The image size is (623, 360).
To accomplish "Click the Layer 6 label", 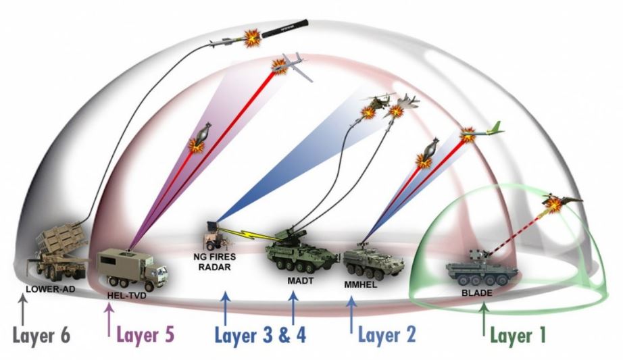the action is [x=41, y=336].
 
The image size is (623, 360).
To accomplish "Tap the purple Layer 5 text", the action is [x=145, y=335].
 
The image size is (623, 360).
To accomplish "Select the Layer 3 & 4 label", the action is [x=260, y=336].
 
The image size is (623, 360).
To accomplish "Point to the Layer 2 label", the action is [x=387, y=334].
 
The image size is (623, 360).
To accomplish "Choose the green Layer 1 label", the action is [x=518, y=336].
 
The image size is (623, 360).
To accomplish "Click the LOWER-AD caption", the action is [x=51, y=289].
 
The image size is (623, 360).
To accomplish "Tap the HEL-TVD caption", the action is [x=127, y=296].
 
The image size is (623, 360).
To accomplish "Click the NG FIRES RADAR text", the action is [x=215, y=262].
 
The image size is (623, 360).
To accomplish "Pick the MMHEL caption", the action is [x=360, y=284].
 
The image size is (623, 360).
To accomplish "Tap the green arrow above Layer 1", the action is [x=484, y=319].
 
